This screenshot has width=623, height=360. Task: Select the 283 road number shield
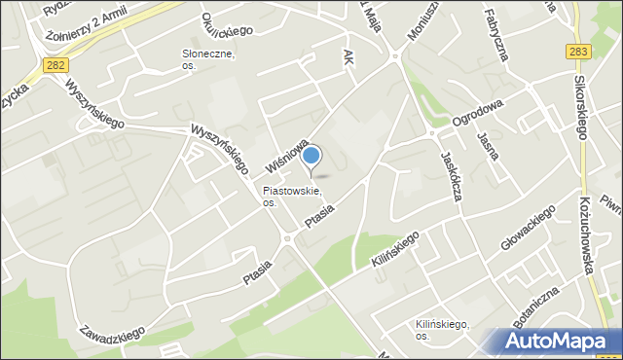point(575,52)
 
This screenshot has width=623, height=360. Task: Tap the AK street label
point(348,57)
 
